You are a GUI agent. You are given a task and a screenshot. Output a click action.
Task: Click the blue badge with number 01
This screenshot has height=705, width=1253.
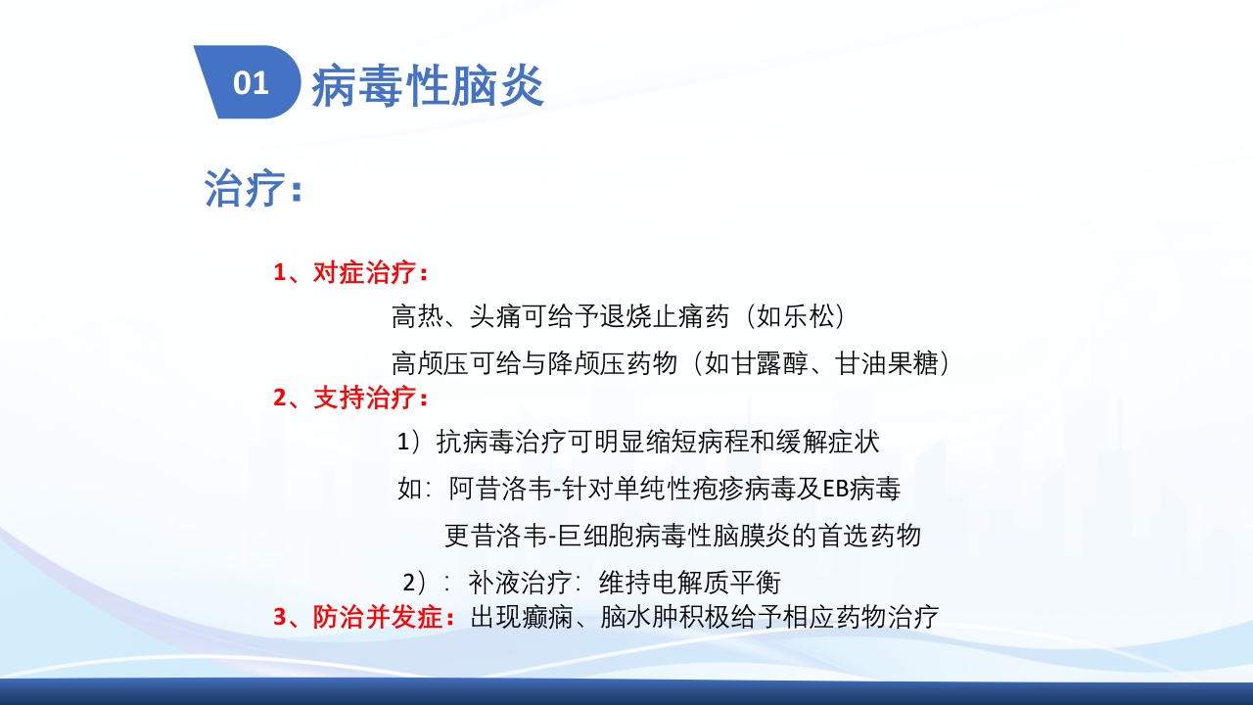tap(251, 83)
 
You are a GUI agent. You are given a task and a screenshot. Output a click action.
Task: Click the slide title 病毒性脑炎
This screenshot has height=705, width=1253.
tap(428, 87)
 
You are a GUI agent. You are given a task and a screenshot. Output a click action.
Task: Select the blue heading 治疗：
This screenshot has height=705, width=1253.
tap(254, 188)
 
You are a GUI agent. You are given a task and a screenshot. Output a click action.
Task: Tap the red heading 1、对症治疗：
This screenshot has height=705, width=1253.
tap(350, 273)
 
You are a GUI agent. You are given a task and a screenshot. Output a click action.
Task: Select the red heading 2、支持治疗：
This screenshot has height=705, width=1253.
tap(350, 399)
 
